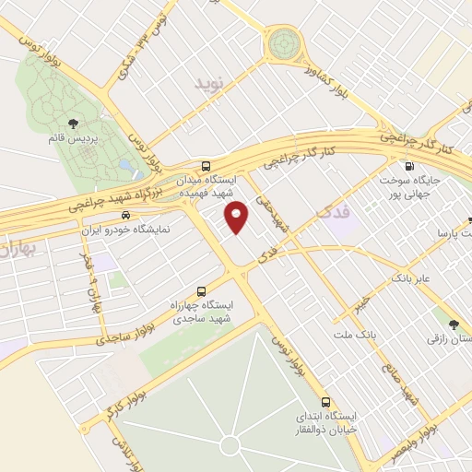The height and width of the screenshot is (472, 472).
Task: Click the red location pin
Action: (237, 218)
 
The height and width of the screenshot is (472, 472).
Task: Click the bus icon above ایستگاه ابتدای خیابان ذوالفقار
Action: (324, 402)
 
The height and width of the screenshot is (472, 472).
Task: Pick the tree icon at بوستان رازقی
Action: (453, 324)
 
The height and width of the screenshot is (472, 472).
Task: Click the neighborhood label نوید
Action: (209, 84)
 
